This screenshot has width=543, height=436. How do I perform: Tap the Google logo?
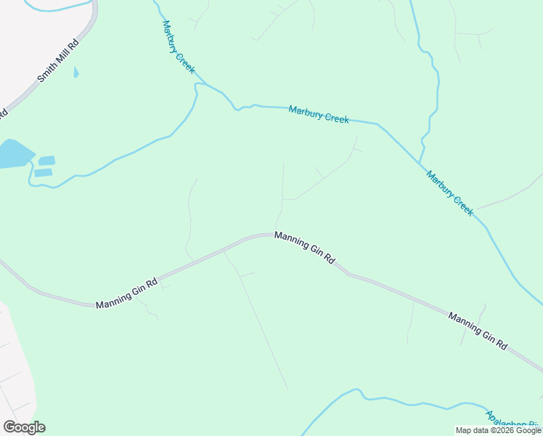coord(24,427)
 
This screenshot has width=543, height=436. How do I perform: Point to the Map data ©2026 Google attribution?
coord(498,430)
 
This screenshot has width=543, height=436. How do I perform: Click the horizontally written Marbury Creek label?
coord(319,115)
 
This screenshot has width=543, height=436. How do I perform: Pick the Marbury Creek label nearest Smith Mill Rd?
coord(178,47)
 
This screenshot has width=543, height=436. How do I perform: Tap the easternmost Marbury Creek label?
coord(450,193)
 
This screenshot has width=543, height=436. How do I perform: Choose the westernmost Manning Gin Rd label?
coord(126,294)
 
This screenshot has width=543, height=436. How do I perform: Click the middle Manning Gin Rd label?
coord(304,248)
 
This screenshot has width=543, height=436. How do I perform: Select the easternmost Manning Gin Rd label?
coord(477,332)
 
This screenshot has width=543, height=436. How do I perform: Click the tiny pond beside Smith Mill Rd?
coord(76,73)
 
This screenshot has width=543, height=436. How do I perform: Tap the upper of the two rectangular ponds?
coord(46,161)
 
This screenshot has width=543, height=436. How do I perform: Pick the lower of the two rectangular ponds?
coord(44,173)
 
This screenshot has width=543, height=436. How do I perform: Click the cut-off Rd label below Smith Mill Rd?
coord(3,113)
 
